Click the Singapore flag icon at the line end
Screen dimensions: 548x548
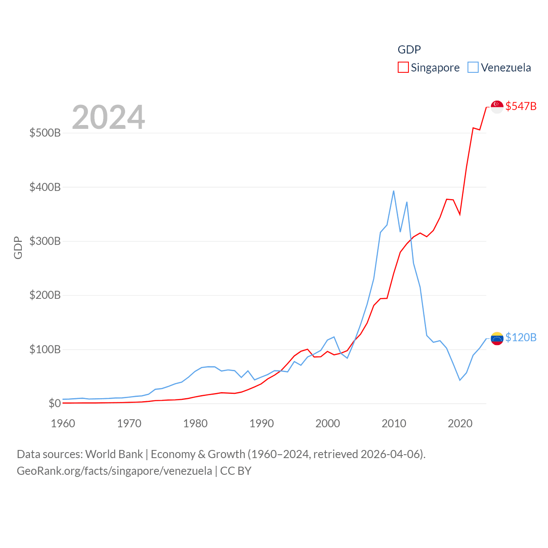pyautogui.click(x=497, y=107)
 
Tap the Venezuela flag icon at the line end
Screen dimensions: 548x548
pyautogui.click(x=497, y=338)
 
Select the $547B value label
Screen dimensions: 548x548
pyautogui.click(x=521, y=106)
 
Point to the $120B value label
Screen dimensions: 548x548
pyautogui.click(x=521, y=337)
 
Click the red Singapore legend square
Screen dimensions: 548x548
pyautogui.click(x=403, y=68)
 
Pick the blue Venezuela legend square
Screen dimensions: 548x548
pyautogui.click(x=473, y=68)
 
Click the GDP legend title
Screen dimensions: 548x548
pyautogui.click(x=409, y=50)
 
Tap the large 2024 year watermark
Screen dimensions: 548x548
pyautogui.click(x=108, y=117)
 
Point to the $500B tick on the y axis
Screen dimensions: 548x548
pyautogui.click(x=45, y=133)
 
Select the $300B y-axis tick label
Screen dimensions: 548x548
pyautogui.click(x=45, y=241)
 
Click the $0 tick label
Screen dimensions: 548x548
pyautogui.click(x=54, y=403)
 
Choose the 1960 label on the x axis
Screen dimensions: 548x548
pyautogui.click(x=63, y=423)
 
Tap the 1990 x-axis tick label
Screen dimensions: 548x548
pyautogui.click(x=262, y=423)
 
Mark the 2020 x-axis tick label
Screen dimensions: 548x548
pyautogui.click(x=460, y=423)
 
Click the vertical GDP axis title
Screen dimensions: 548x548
pyautogui.click(x=18, y=247)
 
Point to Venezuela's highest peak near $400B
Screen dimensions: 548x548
pyautogui.click(x=393, y=191)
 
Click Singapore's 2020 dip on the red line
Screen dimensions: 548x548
pyautogui.click(x=460, y=214)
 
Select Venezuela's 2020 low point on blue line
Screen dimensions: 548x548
pyautogui.click(x=460, y=380)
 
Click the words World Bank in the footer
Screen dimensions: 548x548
pyautogui.click(x=114, y=454)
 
